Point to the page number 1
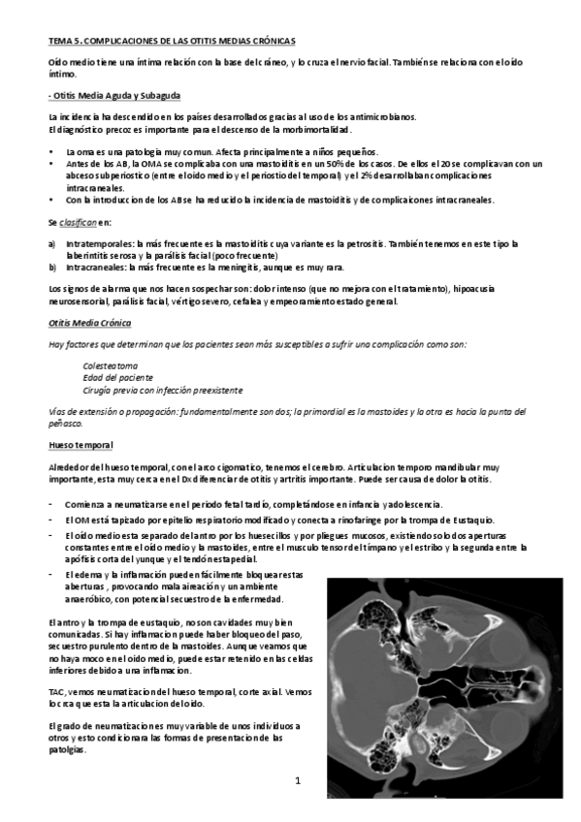(299, 780)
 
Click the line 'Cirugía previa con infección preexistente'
(162, 390)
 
